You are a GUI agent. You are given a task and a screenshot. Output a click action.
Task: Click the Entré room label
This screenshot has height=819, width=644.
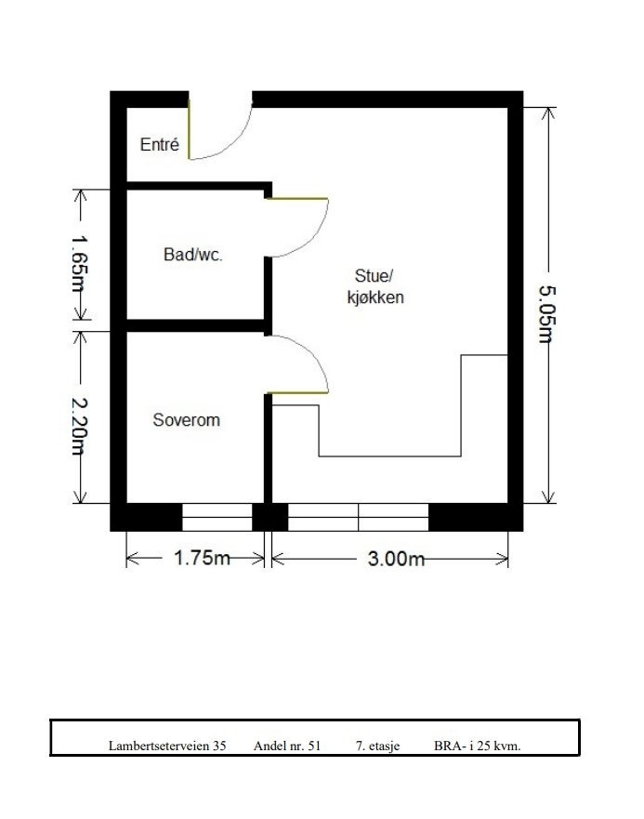click(159, 145)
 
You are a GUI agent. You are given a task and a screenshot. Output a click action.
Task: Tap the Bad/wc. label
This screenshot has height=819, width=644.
click(193, 255)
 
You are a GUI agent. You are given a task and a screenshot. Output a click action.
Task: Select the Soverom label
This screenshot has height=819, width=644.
click(186, 420)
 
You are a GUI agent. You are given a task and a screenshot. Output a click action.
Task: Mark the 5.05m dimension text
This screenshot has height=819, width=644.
click(545, 313)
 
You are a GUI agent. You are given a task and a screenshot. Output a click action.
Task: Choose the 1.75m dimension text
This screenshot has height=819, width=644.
click(202, 558)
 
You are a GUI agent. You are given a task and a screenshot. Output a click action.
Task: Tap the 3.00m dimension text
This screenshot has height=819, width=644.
click(397, 558)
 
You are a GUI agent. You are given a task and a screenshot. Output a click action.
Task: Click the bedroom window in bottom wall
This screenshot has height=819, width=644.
click(217, 517)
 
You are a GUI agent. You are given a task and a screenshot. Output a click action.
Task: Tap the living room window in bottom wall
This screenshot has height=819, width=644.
click(358, 517)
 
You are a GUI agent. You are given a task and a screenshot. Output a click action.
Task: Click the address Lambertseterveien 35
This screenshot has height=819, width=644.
click(167, 746)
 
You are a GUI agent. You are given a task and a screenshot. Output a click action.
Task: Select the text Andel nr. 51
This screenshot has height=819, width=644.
click(287, 746)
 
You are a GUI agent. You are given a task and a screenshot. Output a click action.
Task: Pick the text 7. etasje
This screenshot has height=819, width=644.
click(377, 746)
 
